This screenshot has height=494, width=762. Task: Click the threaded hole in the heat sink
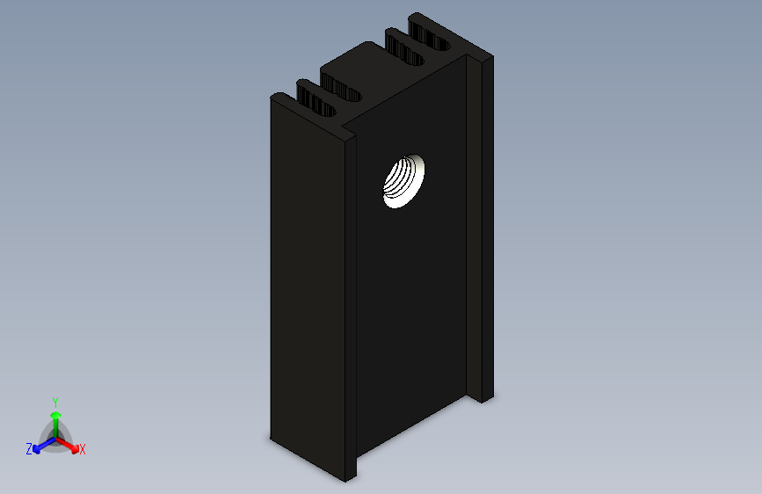pyautogui.click(x=404, y=180)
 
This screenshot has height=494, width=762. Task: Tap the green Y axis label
pyautogui.click(x=54, y=402)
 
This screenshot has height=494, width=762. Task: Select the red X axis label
pyautogui.click(x=83, y=449)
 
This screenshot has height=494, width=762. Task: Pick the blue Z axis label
pyautogui.click(x=29, y=449)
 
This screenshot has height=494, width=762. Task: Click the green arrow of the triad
pyautogui.click(x=55, y=418)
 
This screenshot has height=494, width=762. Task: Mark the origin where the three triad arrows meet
pyautogui.click(x=55, y=437)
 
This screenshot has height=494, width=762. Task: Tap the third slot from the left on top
pyautogui.click(x=404, y=48)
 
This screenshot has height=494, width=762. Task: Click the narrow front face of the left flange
pyautogui.click(x=351, y=308)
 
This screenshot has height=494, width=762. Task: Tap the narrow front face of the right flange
pyautogui.click(x=486, y=229)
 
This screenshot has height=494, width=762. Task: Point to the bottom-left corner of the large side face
pyautogui.click(x=271, y=435)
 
